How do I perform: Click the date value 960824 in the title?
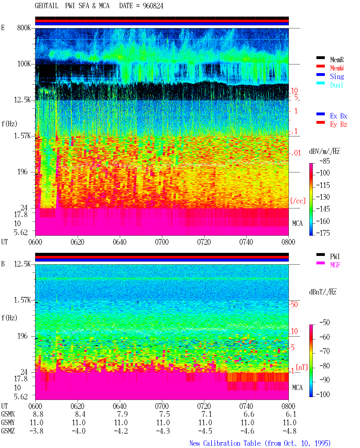(x=153, y=6)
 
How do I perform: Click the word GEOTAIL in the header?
(x=47, y=6)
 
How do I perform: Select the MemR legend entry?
(x=337, y=60)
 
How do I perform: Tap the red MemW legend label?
(x=337, y=68)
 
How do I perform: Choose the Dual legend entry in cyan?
(x=337, y=85)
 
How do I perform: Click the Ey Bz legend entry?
(x=339, y=125)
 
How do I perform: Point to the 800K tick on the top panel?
(x=24, y=28)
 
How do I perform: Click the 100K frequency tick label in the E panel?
(x=24, y=64)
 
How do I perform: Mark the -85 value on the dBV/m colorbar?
(x=325, y=161)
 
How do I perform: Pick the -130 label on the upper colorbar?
(x=323, y=197)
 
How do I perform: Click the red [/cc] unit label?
(x=298, y=201)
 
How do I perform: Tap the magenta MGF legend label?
(x=335, y=265)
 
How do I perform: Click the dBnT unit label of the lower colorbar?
(x=323, y=292)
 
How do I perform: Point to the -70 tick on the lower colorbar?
(x=325, y=351)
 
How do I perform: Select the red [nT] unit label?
(x=302, y=367)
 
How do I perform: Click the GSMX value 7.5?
(x=165, y=414)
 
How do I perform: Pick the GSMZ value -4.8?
(x=289, y=431)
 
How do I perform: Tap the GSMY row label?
(x=8, y=423)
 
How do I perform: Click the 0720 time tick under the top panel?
(x=204, y=242)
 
